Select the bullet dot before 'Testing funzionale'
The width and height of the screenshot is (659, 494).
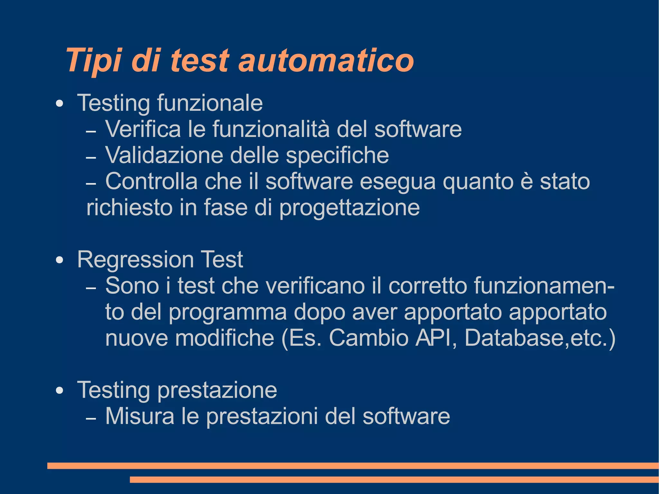pos(59,104)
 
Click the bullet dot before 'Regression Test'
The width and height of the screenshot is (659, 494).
pos(59,260)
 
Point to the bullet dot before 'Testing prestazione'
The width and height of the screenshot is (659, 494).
pos(59,390)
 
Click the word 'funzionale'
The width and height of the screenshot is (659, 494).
pos(210,103)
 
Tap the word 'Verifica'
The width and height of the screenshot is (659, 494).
pos(143,129)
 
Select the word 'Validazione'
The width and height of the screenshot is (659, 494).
pos(164,155)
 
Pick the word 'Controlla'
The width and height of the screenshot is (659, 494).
pos(151,181)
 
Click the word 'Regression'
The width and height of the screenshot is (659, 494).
pos(135,260)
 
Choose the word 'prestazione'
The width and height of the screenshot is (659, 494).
pos(217,390)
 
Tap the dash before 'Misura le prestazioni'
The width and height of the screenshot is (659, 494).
pos(91,419)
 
